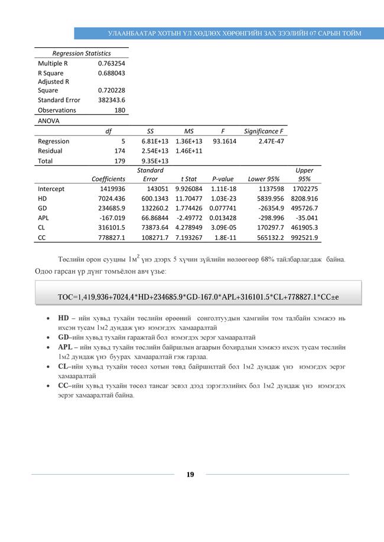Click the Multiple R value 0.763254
point(112,63)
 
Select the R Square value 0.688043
point(112,73)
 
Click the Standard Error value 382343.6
point(112,100)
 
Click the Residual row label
point(50,151)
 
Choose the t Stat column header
point(188,179)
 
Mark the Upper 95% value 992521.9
point(305,238)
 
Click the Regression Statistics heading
point(82,53)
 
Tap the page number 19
point(190,474)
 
